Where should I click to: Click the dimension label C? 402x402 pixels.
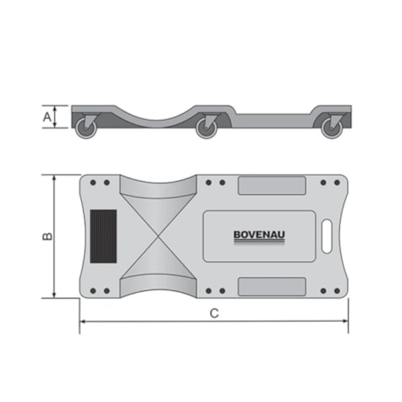coord(213,314)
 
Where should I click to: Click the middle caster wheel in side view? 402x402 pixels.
coord(206,128)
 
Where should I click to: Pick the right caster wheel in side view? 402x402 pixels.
coord(330,128)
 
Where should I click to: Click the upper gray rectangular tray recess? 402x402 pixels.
coord(272,186)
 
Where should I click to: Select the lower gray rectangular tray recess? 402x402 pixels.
coord(272,286)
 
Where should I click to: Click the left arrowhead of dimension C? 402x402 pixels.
coord(82,322)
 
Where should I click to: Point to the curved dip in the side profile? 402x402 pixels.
coord(162,109)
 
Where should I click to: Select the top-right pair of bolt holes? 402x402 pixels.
coord(329,183)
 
